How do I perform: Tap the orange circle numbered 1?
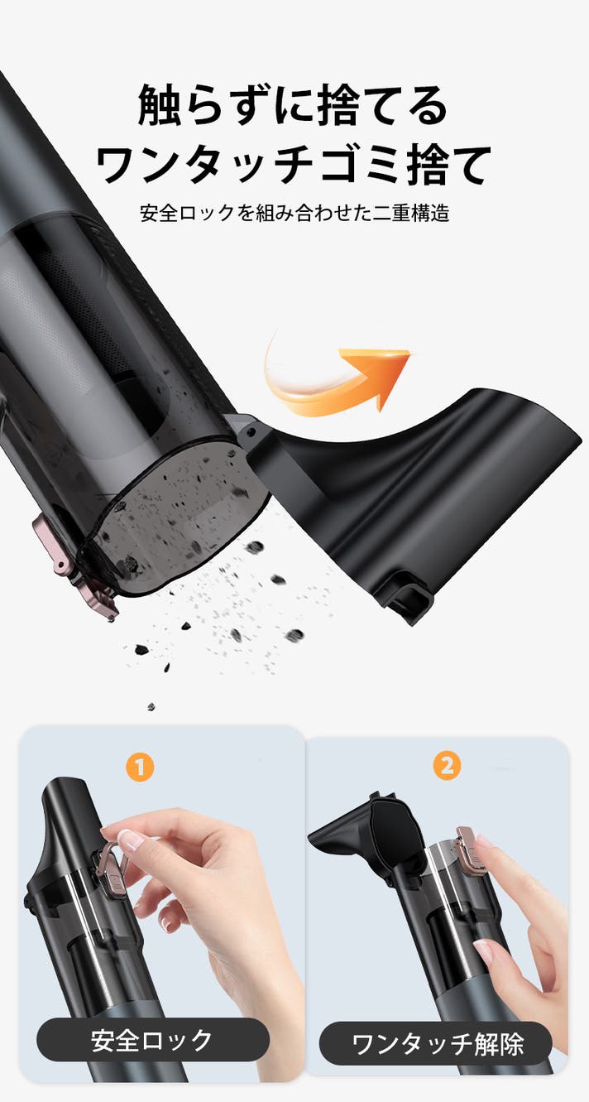click(140, 767)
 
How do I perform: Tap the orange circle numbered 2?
click(447, 766)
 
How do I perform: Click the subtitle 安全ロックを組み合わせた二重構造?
click(294, 213)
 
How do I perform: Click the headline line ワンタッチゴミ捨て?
click(294, 165)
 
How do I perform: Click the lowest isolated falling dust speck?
click(151, 707)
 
